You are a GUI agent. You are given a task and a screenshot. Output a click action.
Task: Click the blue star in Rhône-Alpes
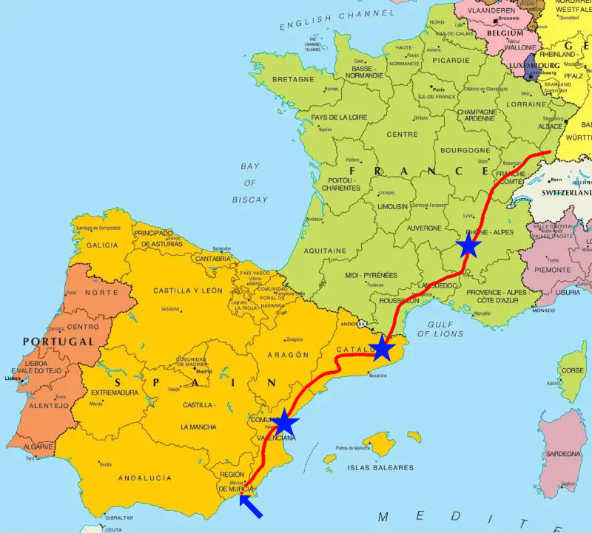point(468,246)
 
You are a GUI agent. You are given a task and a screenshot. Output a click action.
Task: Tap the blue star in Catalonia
point(382,348)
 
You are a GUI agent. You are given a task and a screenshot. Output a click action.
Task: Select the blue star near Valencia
point(285,424)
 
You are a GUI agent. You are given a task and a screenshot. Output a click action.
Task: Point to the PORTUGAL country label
point(58,342)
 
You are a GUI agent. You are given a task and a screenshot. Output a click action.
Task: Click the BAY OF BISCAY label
point(249,183)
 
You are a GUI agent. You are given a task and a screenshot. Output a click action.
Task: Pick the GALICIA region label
point(101,245)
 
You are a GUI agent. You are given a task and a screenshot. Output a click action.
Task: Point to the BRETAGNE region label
point(294,79)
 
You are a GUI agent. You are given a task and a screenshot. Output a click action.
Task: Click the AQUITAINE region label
point(325,251)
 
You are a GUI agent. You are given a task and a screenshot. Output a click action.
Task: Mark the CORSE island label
point(572,371)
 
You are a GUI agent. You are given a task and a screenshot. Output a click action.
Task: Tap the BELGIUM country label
point(505,33)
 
